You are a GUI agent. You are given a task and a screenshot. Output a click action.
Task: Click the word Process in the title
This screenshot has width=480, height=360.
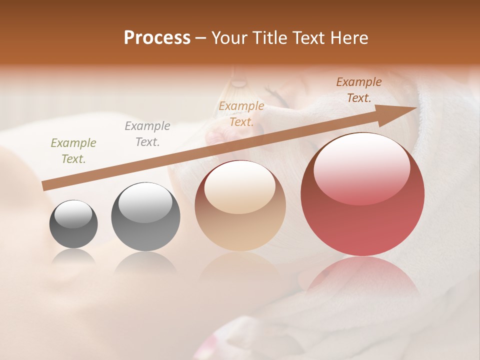click(x=157, y=38)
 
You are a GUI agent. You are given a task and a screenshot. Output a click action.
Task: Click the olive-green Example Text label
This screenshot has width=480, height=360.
click(x=73, y=151)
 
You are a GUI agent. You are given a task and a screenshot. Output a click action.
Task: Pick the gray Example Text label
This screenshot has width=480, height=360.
click(x=147, y=134)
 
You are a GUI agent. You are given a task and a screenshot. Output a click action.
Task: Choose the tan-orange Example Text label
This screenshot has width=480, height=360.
click(x=241, y=113)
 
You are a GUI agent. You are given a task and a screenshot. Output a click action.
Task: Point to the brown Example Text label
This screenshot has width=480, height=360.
click(x=359, y=90)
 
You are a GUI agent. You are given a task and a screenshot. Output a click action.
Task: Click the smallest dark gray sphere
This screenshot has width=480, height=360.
click(x=73, y=224)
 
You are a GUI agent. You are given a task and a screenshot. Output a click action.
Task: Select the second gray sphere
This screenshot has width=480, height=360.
click(x=145, y=217)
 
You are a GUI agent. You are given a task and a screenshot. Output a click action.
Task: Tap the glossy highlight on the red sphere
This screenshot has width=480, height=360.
click(x=361, y=167)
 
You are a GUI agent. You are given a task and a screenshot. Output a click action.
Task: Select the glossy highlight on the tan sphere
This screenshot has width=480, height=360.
click(x=239, y=187)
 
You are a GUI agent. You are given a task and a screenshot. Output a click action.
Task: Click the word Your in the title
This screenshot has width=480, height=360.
click(x=228, y=38)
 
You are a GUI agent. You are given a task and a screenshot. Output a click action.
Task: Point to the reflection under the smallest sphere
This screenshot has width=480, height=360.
click(x=73, y=256)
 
